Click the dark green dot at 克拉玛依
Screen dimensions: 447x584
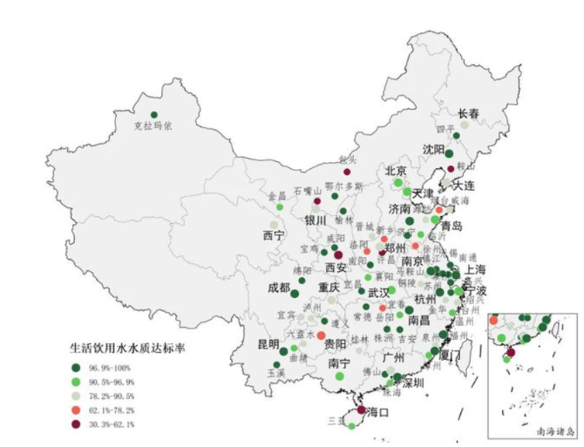[154, 114]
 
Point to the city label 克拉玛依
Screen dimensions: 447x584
[153, 127]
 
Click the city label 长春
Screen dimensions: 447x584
[468, 113]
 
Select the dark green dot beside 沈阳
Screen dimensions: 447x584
[449, 153]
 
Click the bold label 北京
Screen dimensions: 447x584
[396, 171]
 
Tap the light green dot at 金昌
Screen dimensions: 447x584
[280, 207]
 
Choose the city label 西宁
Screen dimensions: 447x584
[272, 235]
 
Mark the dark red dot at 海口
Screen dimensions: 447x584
[359, 410]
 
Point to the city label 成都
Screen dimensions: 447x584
[279, 287]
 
